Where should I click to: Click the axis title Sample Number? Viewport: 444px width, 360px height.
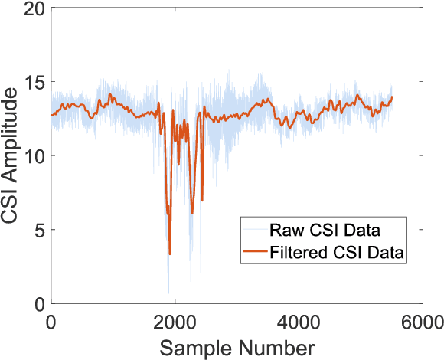(237, 346)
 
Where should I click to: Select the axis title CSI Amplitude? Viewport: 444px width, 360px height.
(12, 157)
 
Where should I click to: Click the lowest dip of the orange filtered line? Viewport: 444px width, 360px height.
(170, 254)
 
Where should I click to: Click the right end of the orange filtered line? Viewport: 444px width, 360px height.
(392, 97)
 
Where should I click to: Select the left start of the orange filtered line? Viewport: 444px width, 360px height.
(51, 116)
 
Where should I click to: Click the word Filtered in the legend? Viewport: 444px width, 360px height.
(296, 250)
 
